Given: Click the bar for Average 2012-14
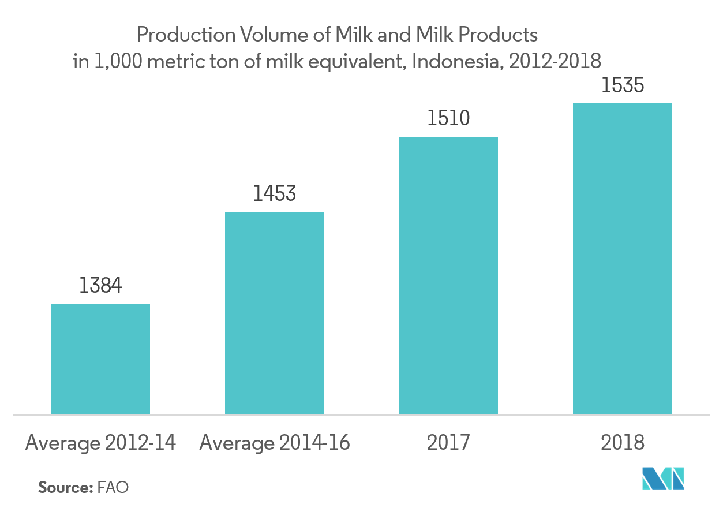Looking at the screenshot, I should [x=100, y=358].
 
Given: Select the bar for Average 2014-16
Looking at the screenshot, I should [x=274, y=313].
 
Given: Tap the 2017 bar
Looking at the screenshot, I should [x=448, y=275].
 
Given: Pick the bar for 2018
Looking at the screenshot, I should [x=623, y=259].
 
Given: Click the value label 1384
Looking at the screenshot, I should [x=100, y=286].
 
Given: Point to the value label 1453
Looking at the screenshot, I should [x=274, y=194].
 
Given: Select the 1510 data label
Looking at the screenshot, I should [x=448, y=118].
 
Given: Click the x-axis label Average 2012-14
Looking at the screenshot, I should [x=100, y=443].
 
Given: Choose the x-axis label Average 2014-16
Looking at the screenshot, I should [x=274, y=443].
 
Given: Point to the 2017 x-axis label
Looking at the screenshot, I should [x=448, y=443].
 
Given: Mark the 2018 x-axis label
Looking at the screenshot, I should [x=623, y=443].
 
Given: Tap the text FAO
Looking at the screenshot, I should [x=113, y=487].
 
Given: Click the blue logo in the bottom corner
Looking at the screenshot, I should [x=664, y=479].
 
